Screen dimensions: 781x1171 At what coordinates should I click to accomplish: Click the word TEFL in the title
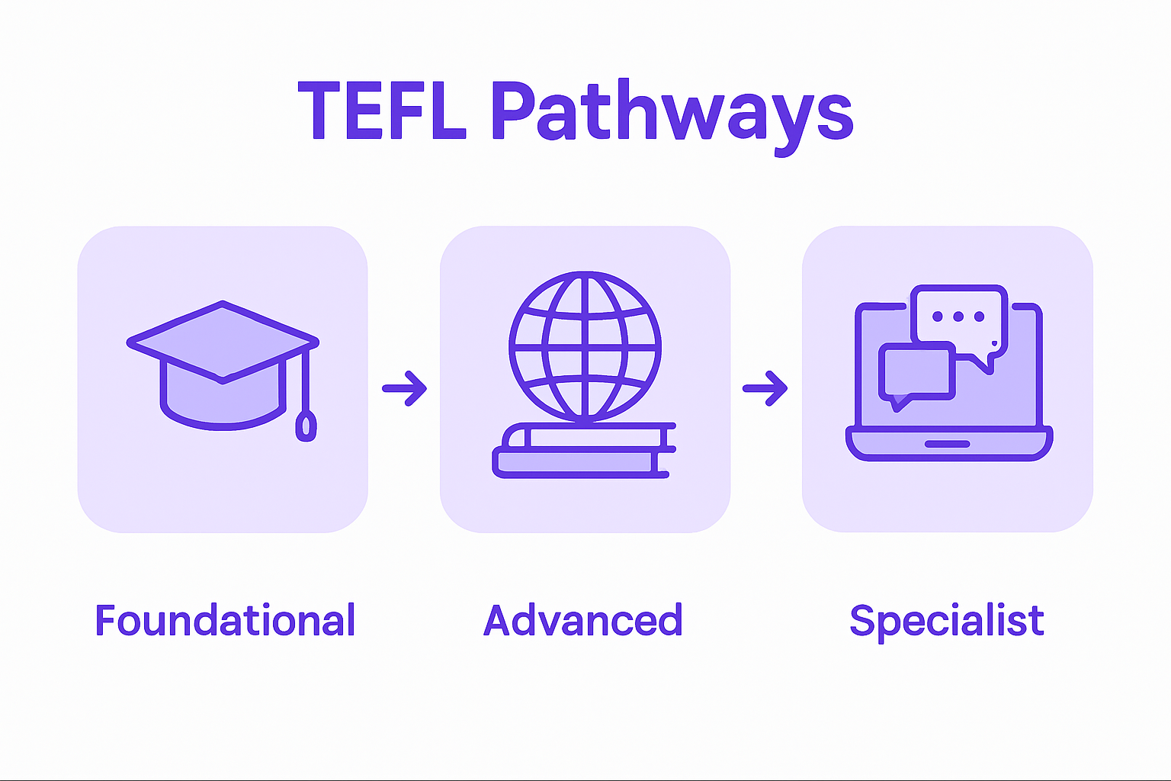[x=381, y=111]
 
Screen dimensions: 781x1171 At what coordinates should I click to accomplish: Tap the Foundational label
[x=225, y=620]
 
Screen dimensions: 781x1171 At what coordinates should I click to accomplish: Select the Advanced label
[x=583, y=620]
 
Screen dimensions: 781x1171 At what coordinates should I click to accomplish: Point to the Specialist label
[x=946, y=622]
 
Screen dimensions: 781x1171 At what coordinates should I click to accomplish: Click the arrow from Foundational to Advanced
[x=405, y=388]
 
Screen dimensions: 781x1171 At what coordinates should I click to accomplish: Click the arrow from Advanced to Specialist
[x=765, y=388]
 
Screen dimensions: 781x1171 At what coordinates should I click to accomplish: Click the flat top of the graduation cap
[x=223, y=340]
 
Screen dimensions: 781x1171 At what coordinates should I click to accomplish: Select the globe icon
[x=585, y=347]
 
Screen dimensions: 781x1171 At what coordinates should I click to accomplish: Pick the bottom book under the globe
[x=579, y=462]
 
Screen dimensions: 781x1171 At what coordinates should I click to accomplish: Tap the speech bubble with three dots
[x=959, y=317]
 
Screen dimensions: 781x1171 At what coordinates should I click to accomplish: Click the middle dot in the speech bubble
[x=958, y=317]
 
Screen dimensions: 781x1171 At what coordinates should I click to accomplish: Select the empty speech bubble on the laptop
[x=916, y=371]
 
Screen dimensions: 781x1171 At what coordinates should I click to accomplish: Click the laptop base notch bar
[x=947, y=444]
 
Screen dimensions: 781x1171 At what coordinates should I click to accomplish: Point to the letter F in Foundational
[x=104, y=620]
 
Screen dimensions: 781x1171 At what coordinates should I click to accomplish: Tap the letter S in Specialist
[x=862, y=620]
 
